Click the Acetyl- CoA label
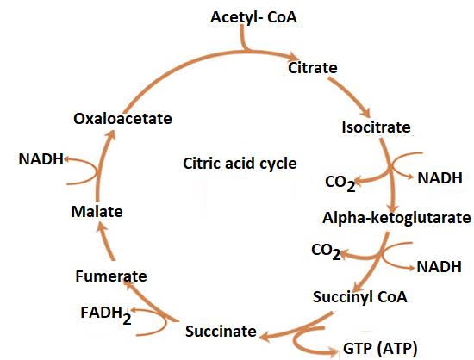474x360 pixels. [x=253, y=17]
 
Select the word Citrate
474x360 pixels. [x=313, y=68]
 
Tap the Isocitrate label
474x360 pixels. [x=376, y=127]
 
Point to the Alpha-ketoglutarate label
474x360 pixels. [x=396, y=218]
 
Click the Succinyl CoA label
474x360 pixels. [x=359, y=297]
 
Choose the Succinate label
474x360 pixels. [x=221, y=332]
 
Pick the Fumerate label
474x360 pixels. [x=111, y=276]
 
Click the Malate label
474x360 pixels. [x=97, y=211]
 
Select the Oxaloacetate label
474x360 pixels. [x=122, y=119]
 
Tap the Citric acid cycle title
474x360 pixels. [x=240, y=164]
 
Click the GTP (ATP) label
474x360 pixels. [x=380, y=349]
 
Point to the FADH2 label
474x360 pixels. [x=106, y=314]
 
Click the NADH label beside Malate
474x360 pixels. [x=41, y=159]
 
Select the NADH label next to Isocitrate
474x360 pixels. [x=440, y=178]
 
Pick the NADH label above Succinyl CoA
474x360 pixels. [x=439, y=267]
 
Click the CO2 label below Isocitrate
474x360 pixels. [x=340, y=183]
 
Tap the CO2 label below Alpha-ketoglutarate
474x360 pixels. [x=326, y=251]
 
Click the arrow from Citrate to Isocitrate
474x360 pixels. [x=349, y=97]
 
